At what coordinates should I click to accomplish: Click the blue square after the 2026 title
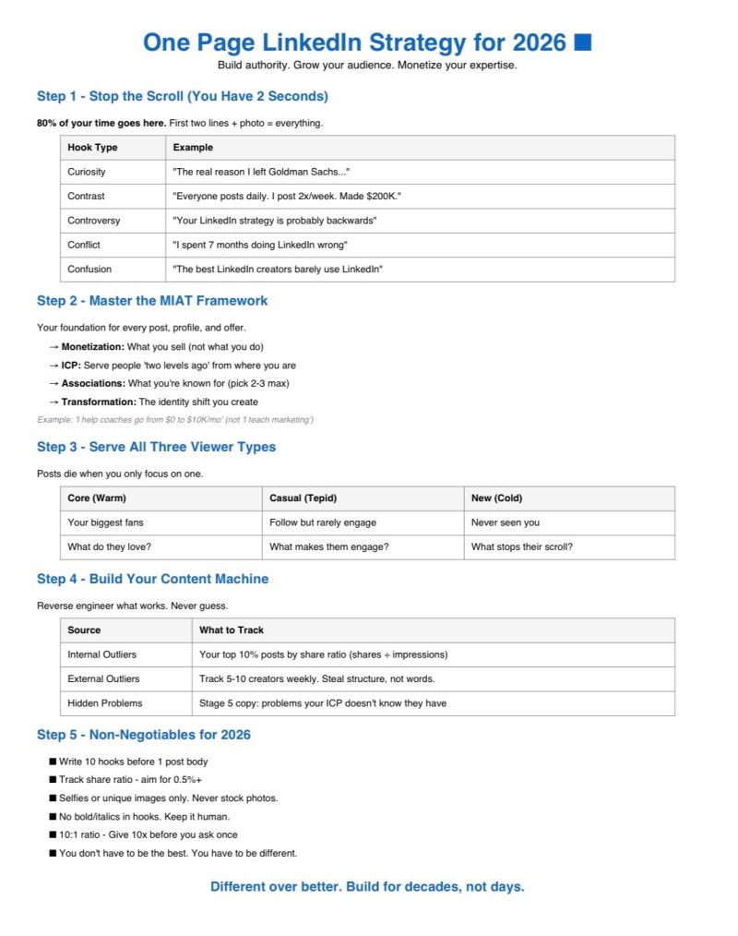click(582, 42)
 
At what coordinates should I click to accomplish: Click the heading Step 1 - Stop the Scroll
click(183, 96)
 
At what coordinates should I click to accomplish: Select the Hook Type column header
click(92, 148)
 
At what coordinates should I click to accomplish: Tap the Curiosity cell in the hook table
click(87, 172)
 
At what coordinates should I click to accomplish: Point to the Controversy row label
click(94, 221)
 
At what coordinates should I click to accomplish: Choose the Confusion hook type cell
click(89, 270)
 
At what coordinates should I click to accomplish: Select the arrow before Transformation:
click(54, 402)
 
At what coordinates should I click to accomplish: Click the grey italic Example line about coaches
click(175, 420)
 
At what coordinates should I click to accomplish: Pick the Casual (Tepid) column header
click(305, 498)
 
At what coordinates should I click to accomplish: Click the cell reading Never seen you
click(506, 522)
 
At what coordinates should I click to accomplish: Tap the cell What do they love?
click(109, 547)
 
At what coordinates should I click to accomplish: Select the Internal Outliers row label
click(101, 654)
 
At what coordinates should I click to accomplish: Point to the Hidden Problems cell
click(105, 703)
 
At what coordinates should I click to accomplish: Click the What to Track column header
click(232, 630)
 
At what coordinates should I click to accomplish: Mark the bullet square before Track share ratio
click(53, 780)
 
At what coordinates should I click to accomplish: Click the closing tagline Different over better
click(367, 887)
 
